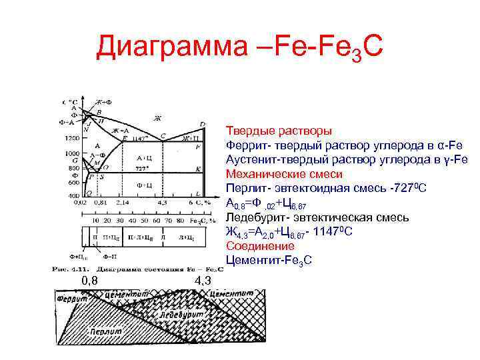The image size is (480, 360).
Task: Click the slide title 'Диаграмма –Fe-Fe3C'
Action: click(240, 47)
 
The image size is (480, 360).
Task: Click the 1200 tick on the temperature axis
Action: click(71, 139)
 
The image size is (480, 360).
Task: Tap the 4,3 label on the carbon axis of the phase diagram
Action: click(162, 202)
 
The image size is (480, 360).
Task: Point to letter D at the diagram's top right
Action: click(203, 124)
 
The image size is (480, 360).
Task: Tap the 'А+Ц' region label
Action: click(143, 157)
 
